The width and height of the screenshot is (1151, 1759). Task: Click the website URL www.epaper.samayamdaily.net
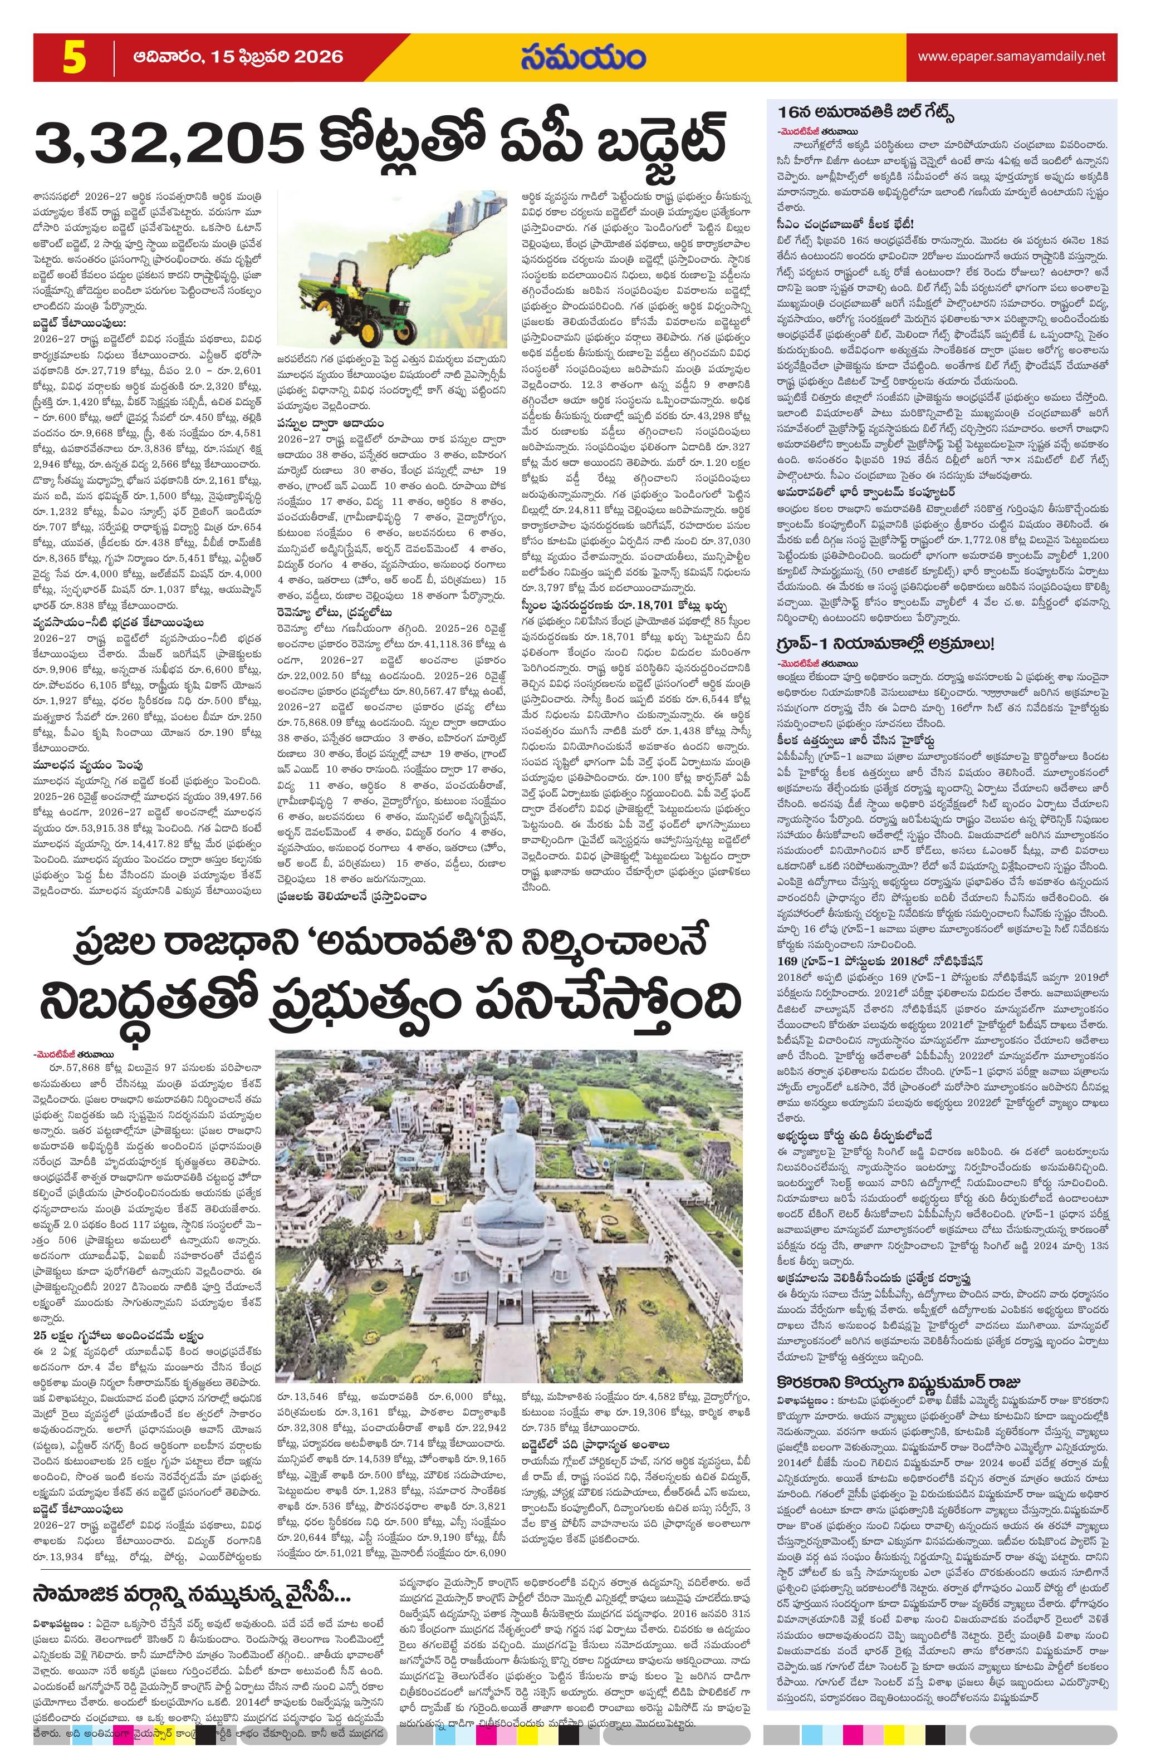coord(1011,56)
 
